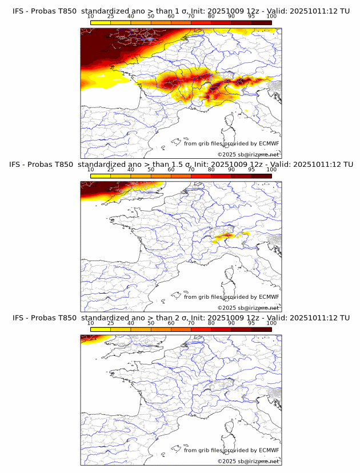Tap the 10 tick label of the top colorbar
click(90, 17)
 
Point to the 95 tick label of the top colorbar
click(252, 17)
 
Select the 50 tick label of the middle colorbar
click(151, 170)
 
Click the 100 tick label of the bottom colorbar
click(271, 323)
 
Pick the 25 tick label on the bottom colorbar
click(110, 323)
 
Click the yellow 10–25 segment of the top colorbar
click(101, 22)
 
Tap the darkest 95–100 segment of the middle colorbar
click(262, 175)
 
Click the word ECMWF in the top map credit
click(269, 143)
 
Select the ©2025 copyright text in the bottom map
click(227, 461)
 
